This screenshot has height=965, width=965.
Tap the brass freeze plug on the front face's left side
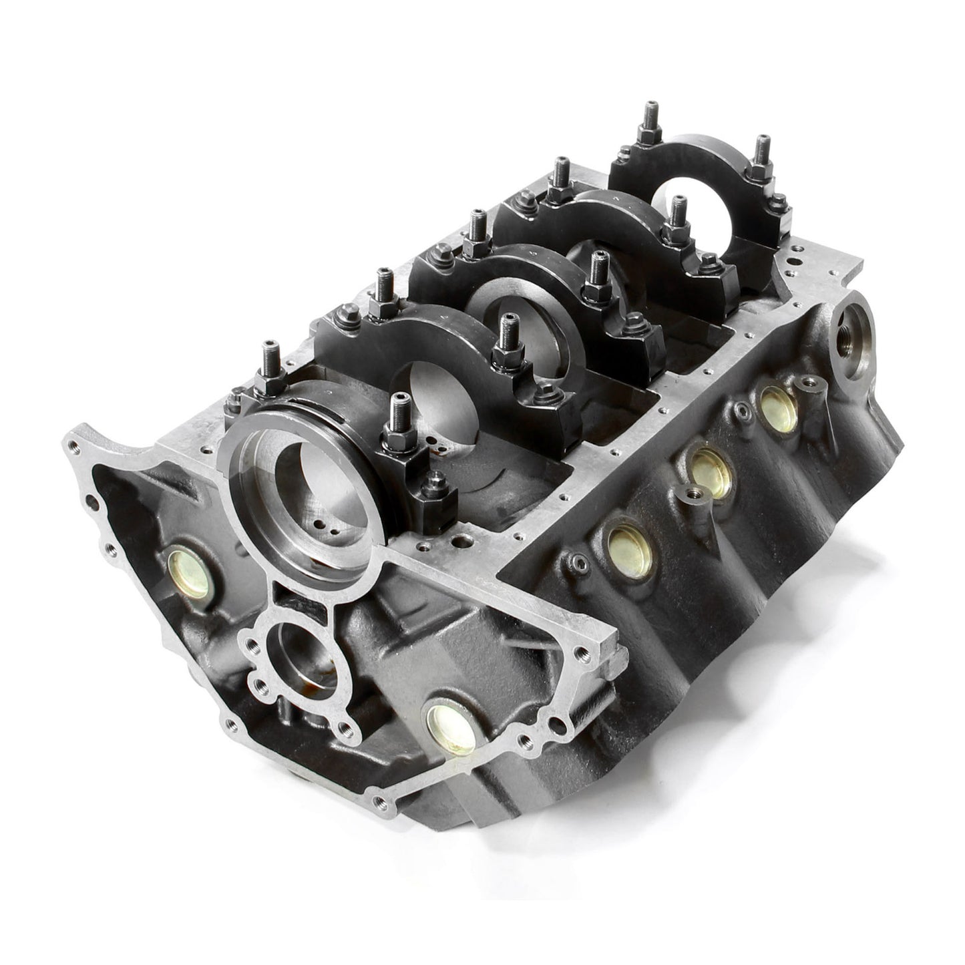[186, 564]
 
